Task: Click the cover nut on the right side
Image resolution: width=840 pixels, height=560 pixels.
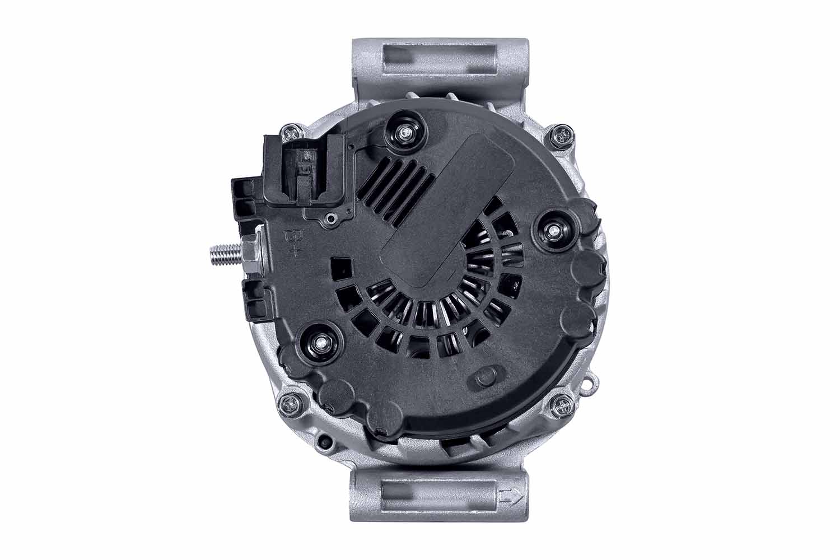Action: coord(554,231)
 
